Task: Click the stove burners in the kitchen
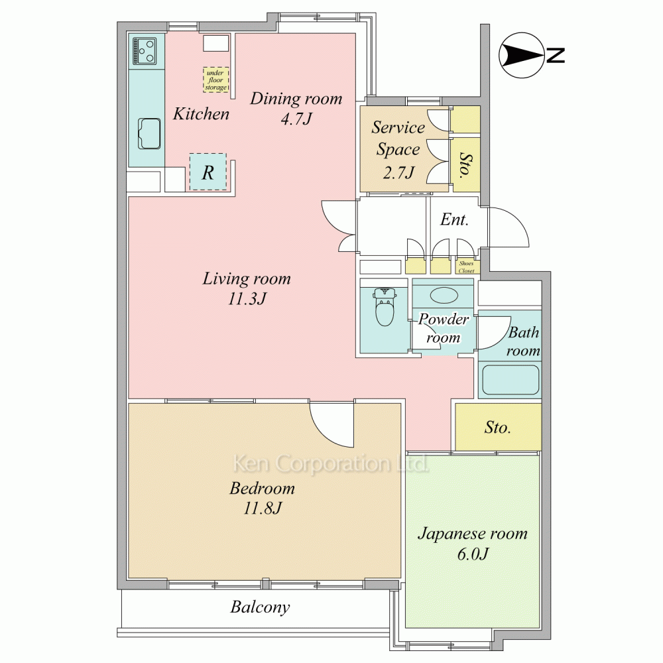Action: coord(145,50)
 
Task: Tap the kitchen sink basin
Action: coord(150,134)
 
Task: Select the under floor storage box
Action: coord(215,80)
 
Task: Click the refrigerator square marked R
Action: coord(208,172)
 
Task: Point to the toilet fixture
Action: coord(385,306)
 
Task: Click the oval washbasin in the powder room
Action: coord(444,295)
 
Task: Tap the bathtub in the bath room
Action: coord(511,379)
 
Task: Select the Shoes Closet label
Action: coord(466,267)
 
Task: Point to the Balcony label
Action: coord(260,607)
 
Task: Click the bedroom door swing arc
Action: coord(326,432)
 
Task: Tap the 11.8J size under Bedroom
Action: coord(262,508)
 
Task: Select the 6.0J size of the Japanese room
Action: coord(473,554)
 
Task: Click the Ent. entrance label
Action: coord(455,219)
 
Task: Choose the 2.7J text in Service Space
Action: coord(398,172)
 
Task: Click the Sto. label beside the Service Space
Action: coord(465,165)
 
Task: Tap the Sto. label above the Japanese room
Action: coord(498,428)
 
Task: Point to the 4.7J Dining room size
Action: coord(296,119)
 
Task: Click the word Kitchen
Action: coord(201,114)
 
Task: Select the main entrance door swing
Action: coord(509,227)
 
